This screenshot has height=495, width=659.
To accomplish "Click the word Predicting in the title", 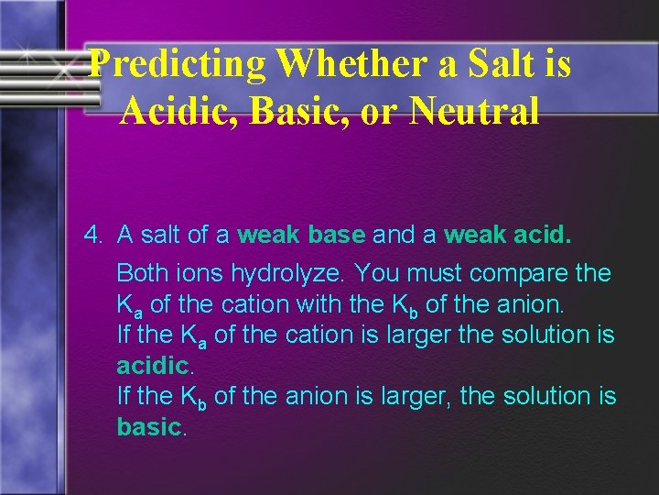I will tap(179, 63).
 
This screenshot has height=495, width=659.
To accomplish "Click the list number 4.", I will tap(92, 236).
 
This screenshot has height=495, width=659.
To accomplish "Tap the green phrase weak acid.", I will tap(506, 236).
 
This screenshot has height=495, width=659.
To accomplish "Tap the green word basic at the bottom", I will tap(149, 427).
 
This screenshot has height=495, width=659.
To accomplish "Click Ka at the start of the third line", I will tap(130, 304).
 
